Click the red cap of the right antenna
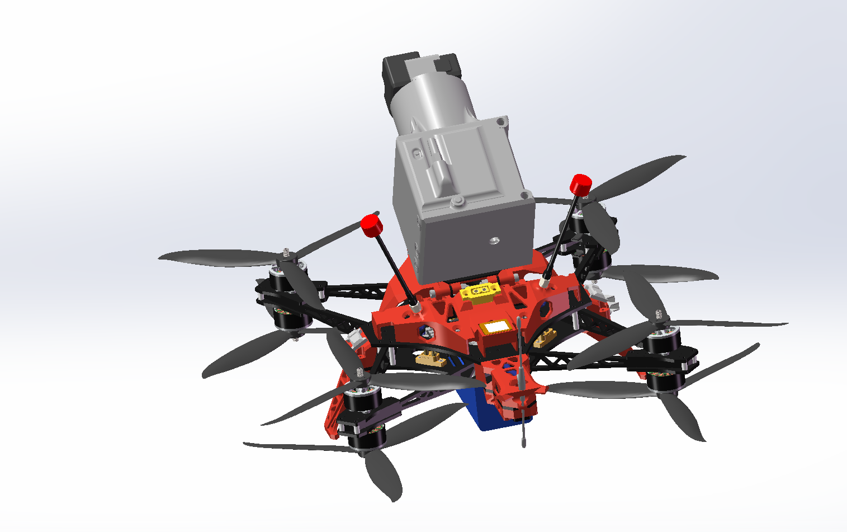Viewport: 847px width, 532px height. tap(581, 184)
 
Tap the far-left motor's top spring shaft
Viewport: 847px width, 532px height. tap(287, 255)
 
